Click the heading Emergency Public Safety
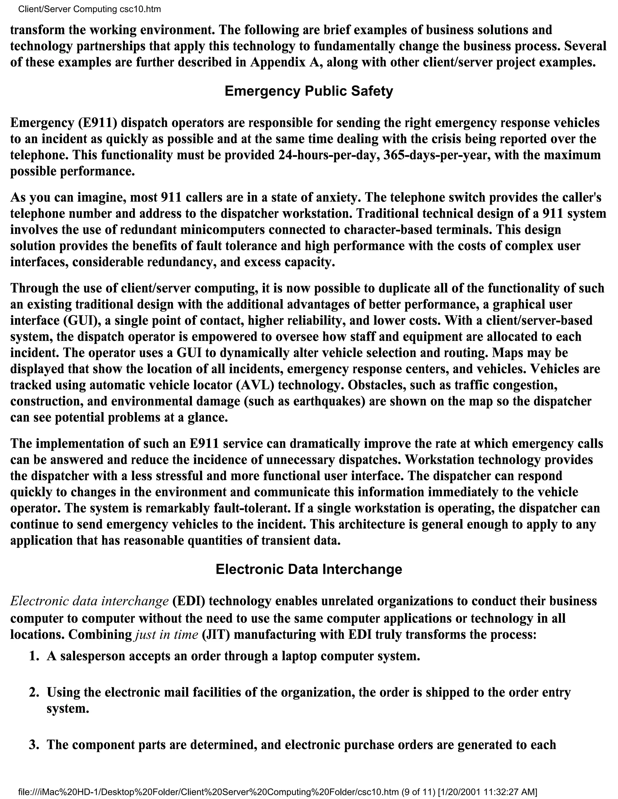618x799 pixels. click(309, 91)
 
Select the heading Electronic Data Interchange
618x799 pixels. click(309, 569)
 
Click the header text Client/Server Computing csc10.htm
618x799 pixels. click(89, 9)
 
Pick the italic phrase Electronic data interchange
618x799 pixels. click(89, 601)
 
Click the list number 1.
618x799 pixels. click(34, 656)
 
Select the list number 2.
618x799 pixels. click(34, 693)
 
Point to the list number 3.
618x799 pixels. click(34, 744)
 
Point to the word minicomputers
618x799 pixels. click(218, 230)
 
